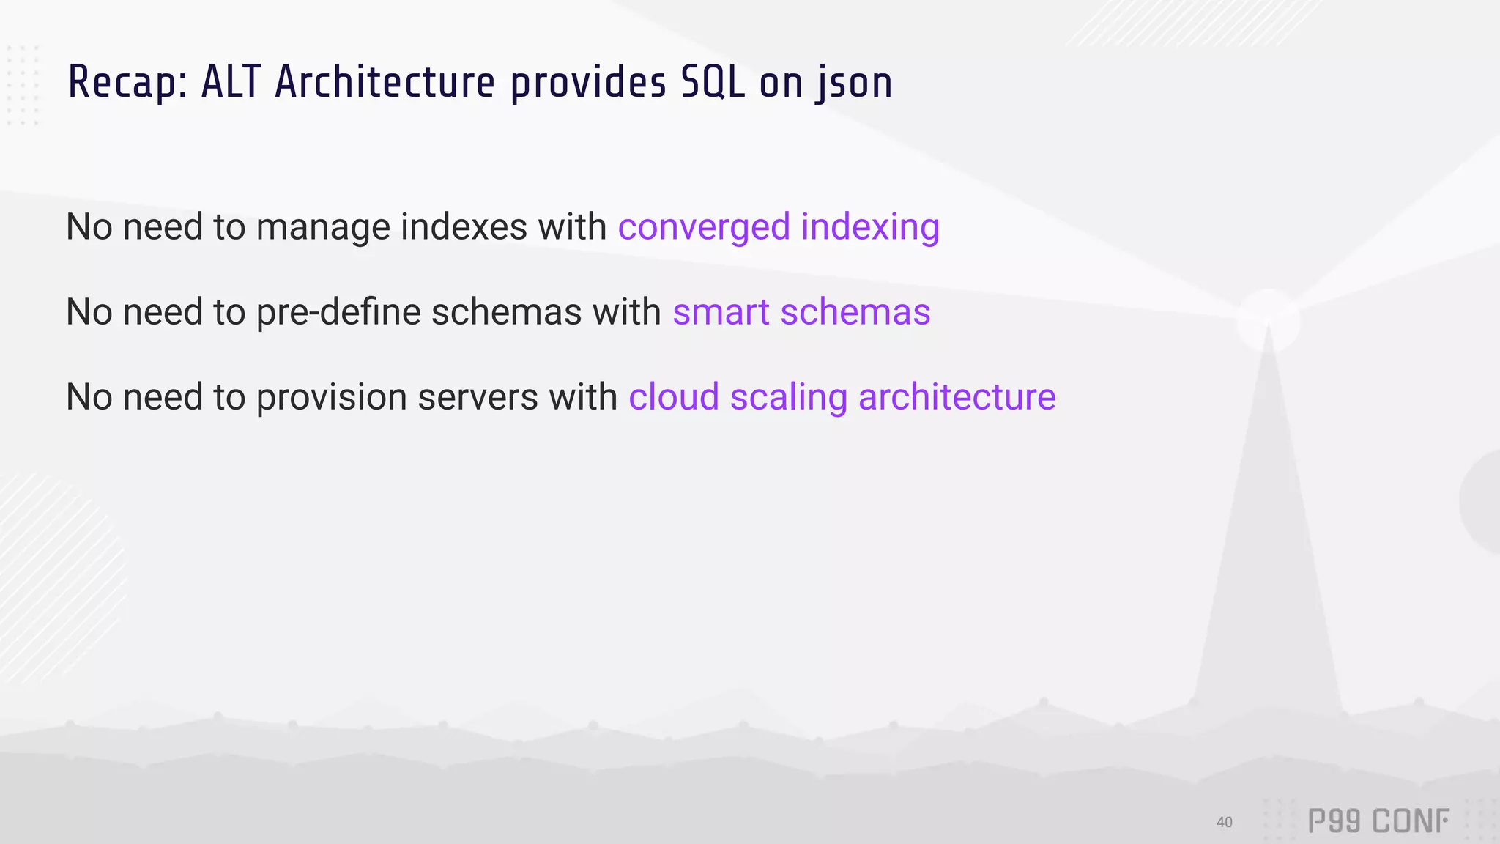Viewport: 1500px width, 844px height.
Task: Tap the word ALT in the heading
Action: click(x=231, y=82)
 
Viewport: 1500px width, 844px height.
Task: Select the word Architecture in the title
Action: click(x=385, y=82)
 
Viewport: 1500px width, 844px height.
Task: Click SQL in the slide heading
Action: click(x=713, y=82)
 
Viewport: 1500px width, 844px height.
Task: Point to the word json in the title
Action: click(x=855, y=84)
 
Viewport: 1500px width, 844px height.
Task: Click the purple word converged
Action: click(x=704, y=227)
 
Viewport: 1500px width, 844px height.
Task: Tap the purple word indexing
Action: click(x=870, y=227)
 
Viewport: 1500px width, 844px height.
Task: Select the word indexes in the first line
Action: click(x=464, y=226)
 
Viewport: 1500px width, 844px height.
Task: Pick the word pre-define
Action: click(x=338, y=312)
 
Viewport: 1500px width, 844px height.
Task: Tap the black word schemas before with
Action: click(x=506, y=312)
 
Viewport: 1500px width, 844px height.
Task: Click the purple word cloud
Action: click(x=674, y=397)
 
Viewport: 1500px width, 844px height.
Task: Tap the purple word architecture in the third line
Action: click(x=957, y=397)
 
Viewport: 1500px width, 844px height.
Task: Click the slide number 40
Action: click(x=1224, y=822)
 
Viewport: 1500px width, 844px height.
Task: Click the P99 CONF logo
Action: click(x=1378, y=821)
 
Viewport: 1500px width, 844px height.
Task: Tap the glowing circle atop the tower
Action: click(x=1268, y=320)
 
